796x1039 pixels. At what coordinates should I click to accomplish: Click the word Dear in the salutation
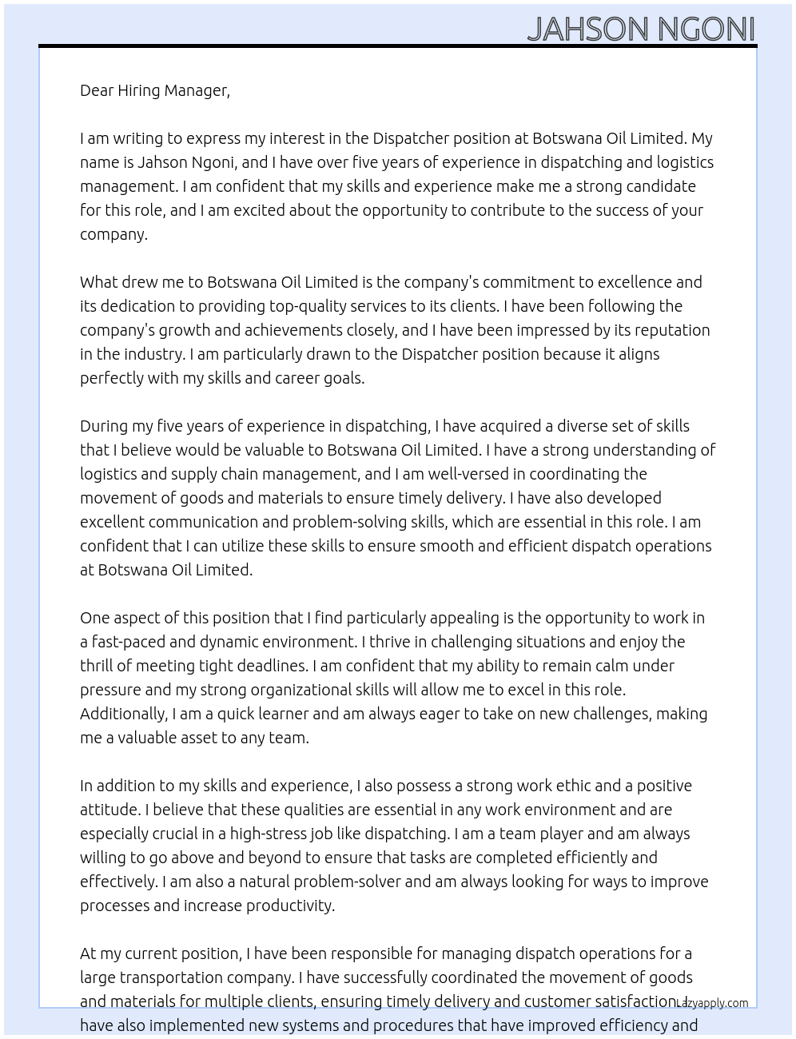(x=97, y=90)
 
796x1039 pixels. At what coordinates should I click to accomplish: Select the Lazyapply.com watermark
(x=712, y=1002)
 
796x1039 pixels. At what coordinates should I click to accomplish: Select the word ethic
(x=567, y=786)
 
